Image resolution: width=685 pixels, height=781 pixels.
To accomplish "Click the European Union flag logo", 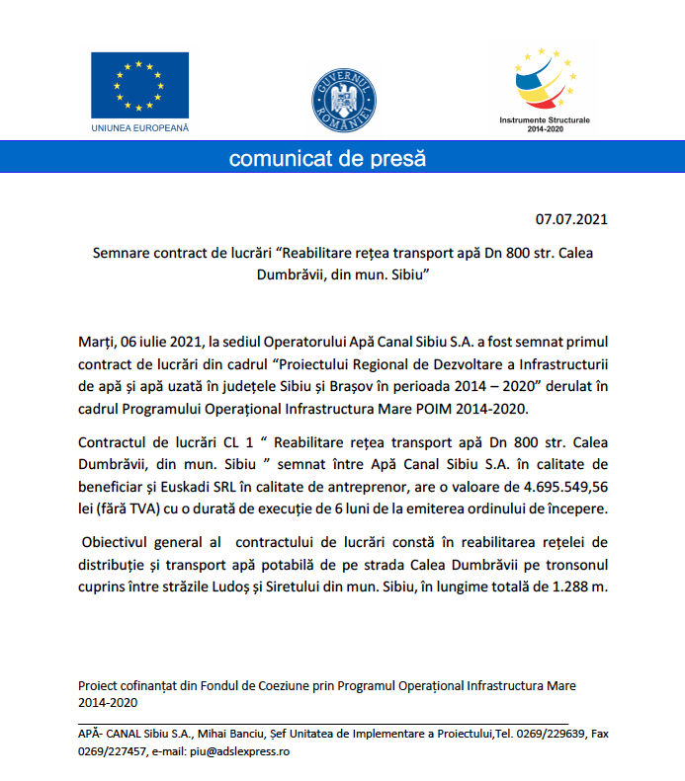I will (139, 86).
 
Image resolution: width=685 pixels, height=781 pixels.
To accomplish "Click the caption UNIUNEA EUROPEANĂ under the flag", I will (139, 128).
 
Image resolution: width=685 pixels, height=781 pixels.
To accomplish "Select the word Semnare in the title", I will (126, 252).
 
